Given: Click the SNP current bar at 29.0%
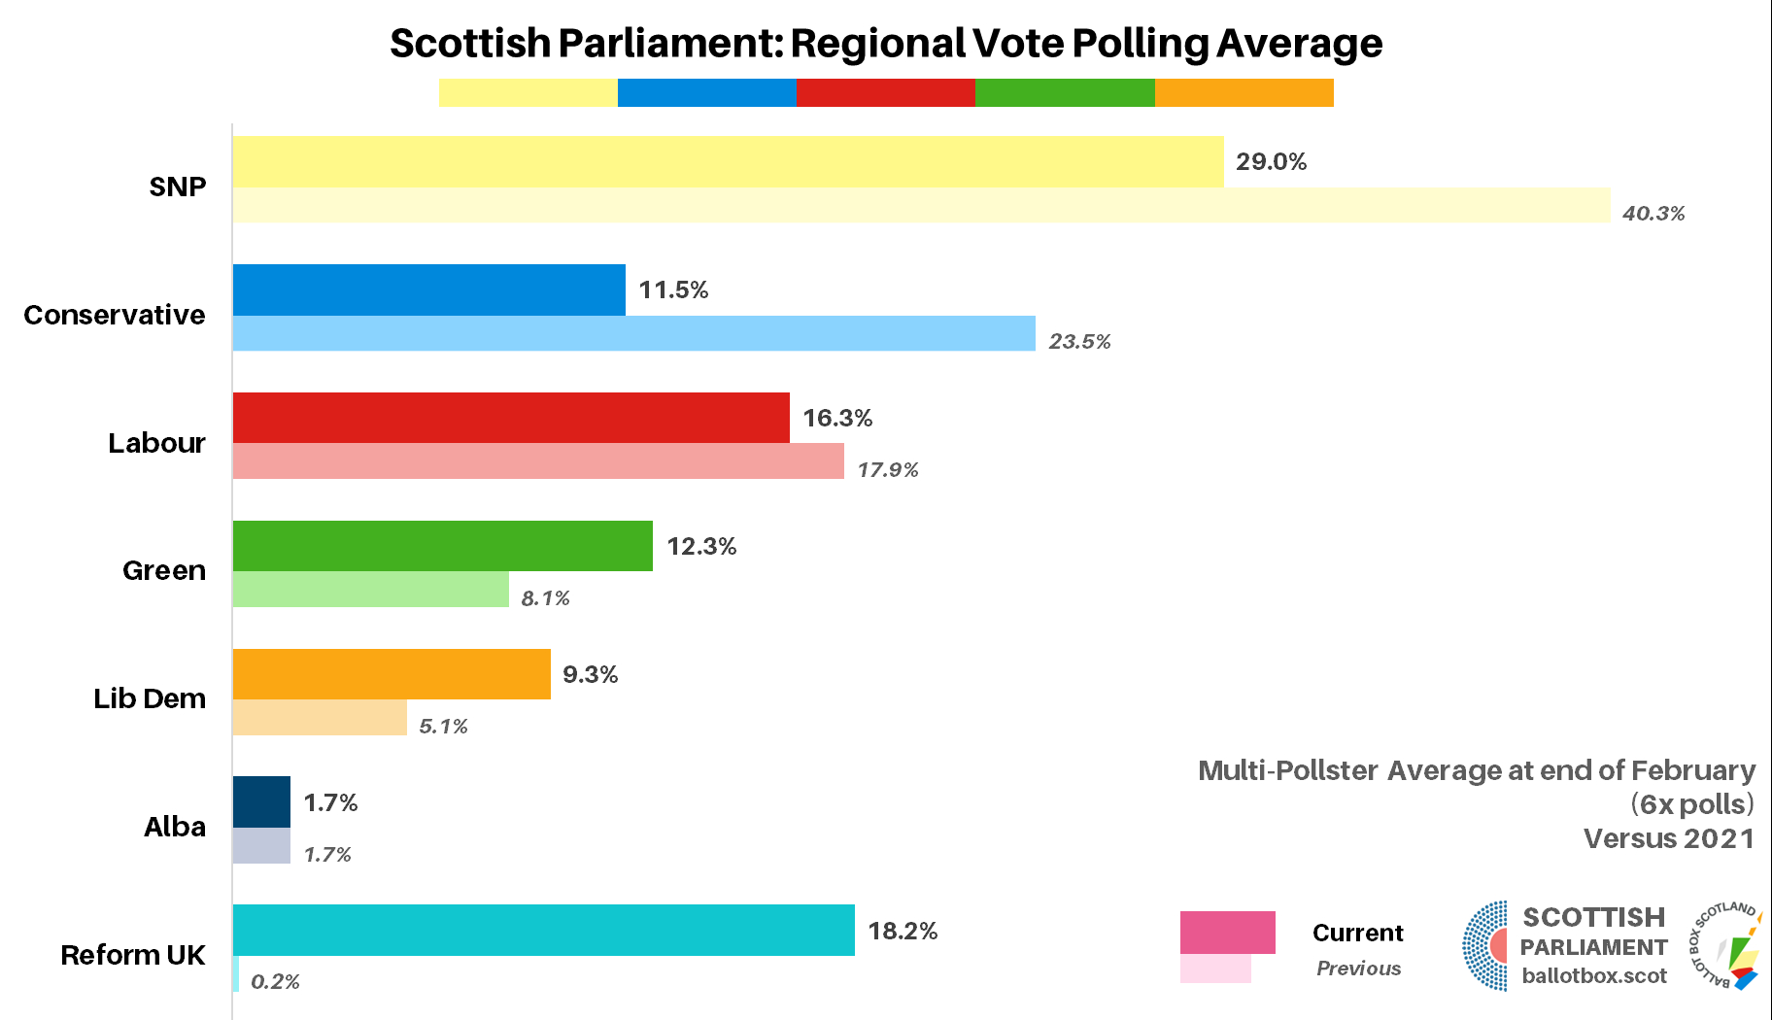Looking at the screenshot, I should pos(727,161).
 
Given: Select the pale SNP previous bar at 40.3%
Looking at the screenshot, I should pos(921,205).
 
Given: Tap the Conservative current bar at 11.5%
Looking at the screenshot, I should pos(428,289).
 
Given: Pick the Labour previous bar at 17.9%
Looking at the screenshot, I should pos(538,461).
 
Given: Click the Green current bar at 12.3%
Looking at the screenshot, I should pos(442,546).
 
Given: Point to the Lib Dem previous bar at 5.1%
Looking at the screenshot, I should pos(320,718).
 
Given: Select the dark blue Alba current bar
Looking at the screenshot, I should pos(261,801).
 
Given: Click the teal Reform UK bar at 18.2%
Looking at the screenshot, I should pos(543,930).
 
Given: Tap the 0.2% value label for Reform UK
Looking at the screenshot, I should pos(275,982).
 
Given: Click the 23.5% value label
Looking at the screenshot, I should pos(1079,341).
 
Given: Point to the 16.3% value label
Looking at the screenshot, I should pos(837,418).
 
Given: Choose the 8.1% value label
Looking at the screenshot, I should pos(545,598).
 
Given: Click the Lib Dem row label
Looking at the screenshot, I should pos(150,698).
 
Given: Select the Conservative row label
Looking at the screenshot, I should pos(115,315).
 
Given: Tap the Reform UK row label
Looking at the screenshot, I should pos(133,955).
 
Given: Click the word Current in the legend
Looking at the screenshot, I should pos(1357,933).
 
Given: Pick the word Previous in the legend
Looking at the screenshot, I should pos(1358,969).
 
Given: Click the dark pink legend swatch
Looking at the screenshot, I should pos(1227,933).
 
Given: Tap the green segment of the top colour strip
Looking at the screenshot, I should pos(1065,92).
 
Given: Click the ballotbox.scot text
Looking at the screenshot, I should pos(1594,975).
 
